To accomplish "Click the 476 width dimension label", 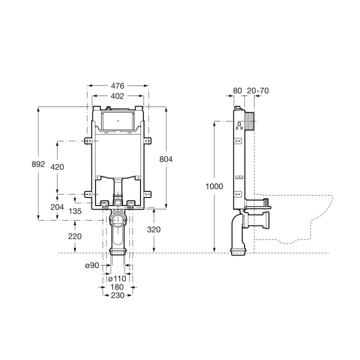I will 118,85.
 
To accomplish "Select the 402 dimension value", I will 118,95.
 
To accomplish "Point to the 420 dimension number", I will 57,167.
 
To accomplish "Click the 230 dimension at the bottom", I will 118,295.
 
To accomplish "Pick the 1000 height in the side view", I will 214,186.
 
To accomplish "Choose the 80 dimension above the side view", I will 237,90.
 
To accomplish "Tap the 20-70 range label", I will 258,90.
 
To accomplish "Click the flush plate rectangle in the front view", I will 118,120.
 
